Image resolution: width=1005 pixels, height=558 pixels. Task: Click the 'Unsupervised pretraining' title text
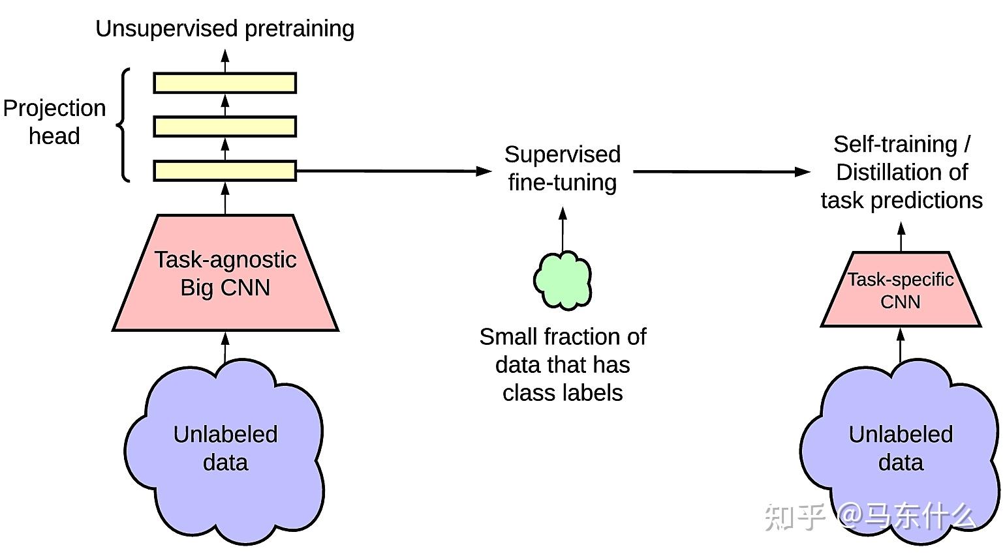point(224,29)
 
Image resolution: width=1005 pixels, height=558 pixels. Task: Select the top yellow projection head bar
point(224,83)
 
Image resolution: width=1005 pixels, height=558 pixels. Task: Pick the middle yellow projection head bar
point(224,126)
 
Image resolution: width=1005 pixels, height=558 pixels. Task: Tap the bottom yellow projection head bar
point(224,171)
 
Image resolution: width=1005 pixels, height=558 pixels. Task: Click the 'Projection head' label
point(54,122)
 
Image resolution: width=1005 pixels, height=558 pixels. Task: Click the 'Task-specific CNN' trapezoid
point(901,290)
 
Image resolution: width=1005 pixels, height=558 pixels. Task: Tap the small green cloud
point(563,280)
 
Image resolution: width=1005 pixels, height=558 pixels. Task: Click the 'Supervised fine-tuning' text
point(563,168)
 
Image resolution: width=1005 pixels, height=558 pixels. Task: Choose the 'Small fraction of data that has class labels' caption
point(563,364)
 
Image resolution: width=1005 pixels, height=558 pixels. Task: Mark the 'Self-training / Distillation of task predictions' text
point(901,172)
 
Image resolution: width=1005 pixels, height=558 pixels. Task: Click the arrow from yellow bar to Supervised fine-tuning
point(392,171)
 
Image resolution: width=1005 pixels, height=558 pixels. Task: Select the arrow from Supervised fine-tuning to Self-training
point(721,172)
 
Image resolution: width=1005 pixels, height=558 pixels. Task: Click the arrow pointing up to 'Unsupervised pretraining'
point(225,61)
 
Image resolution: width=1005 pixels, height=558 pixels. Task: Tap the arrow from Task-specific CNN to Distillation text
point(901,237)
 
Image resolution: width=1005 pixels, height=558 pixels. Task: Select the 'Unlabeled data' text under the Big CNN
point(225,448)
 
